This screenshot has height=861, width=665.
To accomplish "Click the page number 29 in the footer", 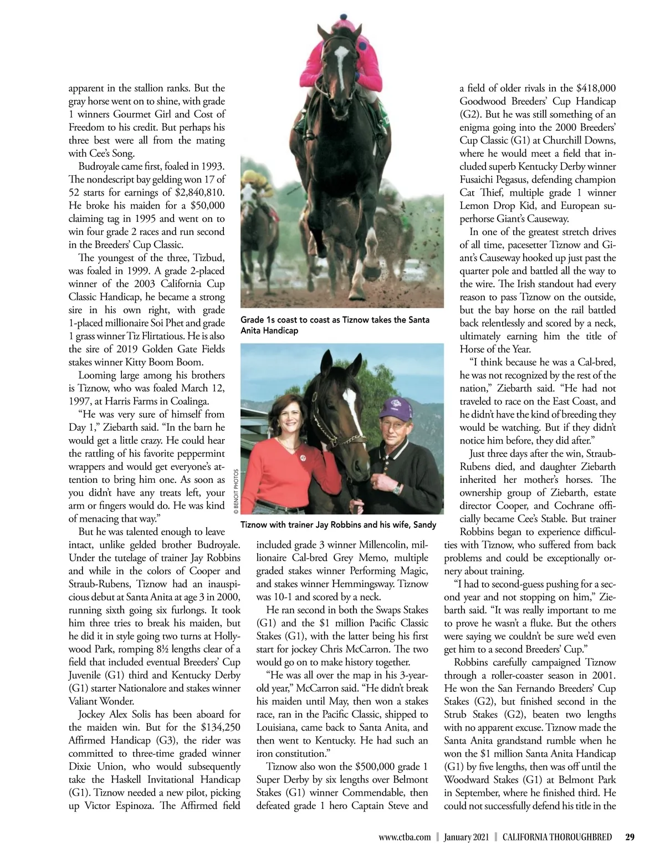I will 630,837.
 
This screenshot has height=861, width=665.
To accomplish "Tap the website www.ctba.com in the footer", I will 405,837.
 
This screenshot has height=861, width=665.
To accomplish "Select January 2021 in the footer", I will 466,837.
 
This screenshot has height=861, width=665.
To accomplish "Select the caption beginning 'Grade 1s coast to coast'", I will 335,325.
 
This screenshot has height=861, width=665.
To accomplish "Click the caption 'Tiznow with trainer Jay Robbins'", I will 338,524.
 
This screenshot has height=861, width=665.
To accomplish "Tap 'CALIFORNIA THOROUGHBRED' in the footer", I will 557,837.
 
